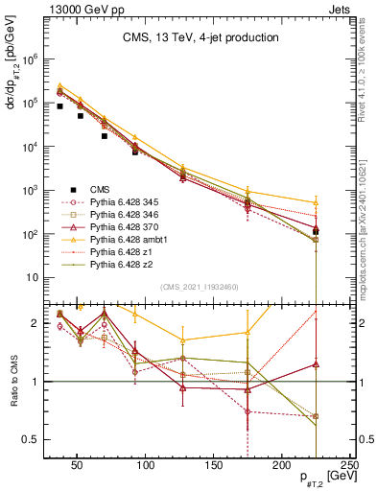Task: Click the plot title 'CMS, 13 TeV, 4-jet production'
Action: tap(188, 37)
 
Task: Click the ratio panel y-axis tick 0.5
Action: tap(30, 439)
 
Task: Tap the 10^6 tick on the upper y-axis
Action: tap(29, 58)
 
